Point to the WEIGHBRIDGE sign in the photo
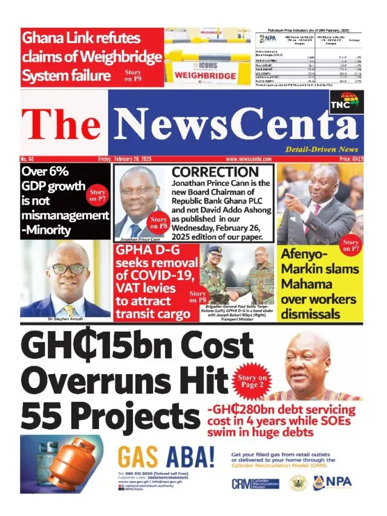pyautogui.click(x=204, y=76)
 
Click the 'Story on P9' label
pyautogui.click(x=134, y=75)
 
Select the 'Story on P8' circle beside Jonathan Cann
pyautogui.click(x=158, y=223)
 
